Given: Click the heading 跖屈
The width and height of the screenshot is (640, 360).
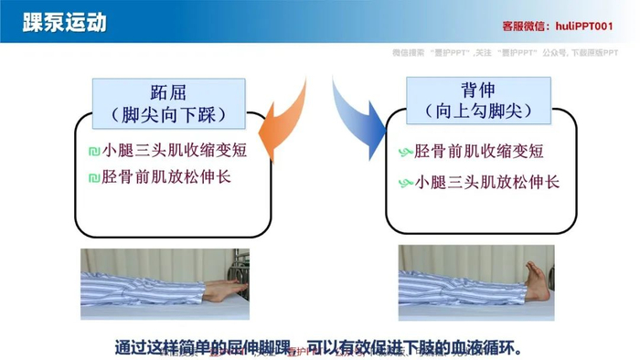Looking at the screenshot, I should tap(169, 92).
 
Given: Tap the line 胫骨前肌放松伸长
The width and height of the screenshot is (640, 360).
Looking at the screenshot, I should tap(166, 176).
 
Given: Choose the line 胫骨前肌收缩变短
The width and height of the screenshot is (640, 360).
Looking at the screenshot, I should tap(479, 151).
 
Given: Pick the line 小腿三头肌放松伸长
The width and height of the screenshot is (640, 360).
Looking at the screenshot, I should tap(487, 182).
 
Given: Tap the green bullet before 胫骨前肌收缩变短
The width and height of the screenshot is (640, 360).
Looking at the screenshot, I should tap(406, 152).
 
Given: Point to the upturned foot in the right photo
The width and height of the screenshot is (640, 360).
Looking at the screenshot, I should tap(537, 281).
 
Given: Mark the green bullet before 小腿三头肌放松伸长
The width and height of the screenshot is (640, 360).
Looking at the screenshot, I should tap(406, 183).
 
